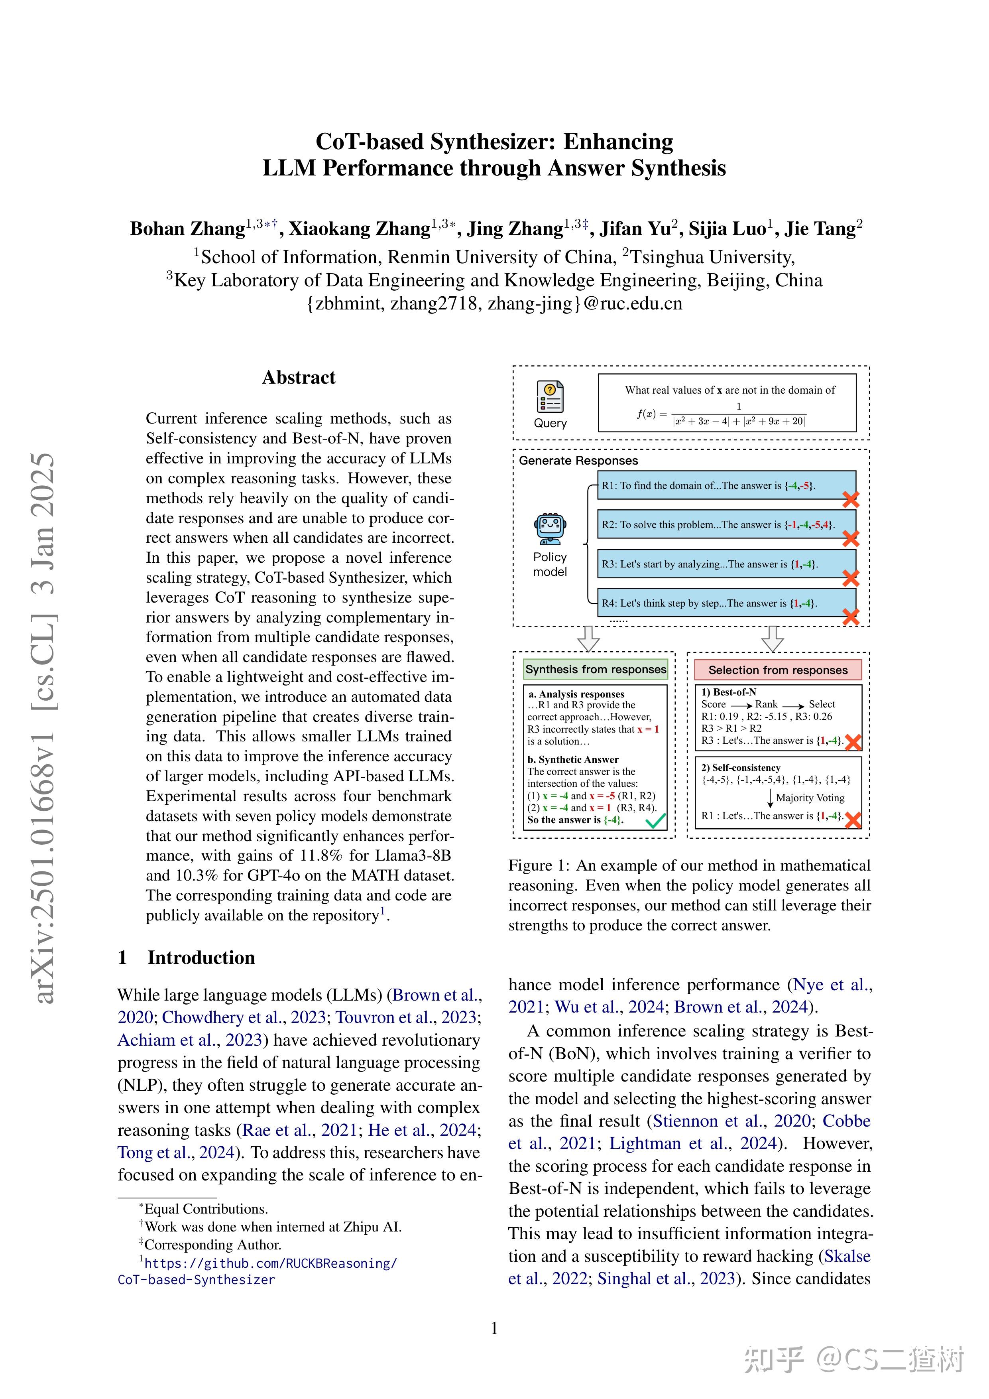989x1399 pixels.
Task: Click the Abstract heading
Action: click(299, 378)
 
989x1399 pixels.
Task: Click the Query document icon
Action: click(550, 397)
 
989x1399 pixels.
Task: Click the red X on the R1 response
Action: click(850, 500)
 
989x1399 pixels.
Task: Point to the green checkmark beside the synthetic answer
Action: click(656, 820)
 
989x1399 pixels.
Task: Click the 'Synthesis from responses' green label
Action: click(596, 669)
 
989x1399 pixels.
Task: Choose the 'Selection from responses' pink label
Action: click(778, 670)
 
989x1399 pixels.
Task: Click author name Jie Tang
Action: click(823, 229)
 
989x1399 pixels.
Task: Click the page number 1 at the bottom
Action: click(494, 1328)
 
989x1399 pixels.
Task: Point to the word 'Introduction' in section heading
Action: click(201, 957)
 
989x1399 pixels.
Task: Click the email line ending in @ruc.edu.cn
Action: click(494, 303)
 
